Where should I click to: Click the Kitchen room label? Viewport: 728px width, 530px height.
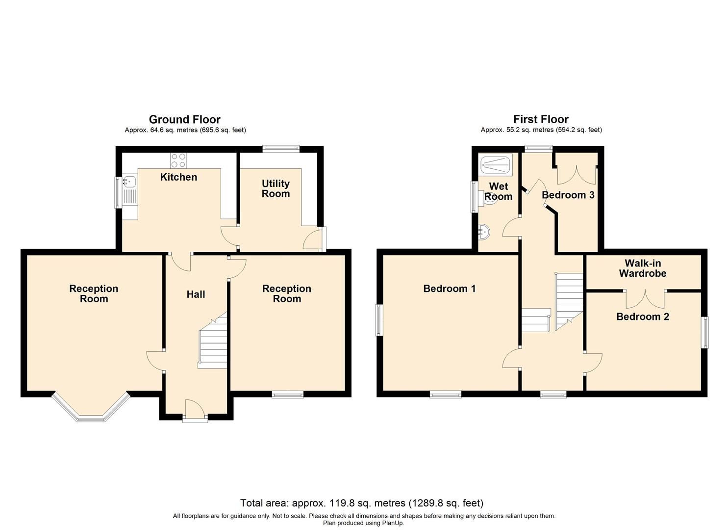coord(178,177)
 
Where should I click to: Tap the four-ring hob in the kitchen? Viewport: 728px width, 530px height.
coord(178,160)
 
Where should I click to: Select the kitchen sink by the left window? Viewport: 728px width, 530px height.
coord(129,183)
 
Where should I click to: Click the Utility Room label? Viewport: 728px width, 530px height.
coord(276,188)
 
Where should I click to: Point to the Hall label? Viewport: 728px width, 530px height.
coord(196,294)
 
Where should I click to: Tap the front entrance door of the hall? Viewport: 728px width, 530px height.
coord(195,410)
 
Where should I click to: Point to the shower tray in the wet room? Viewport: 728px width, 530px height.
coord(496,164)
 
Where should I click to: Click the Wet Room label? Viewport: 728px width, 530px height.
coord(498,191)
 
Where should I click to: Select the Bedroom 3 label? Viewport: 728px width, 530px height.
coord(568,195)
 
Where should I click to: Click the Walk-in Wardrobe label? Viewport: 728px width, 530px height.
coord(642,269)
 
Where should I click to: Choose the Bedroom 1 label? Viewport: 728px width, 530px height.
coord(450,289)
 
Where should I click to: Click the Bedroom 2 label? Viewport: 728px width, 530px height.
coord(642,317)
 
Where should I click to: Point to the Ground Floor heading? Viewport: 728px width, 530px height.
coord(185,119)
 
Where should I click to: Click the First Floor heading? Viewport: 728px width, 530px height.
coord(541,119)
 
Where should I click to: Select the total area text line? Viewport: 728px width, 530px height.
coord(361,503)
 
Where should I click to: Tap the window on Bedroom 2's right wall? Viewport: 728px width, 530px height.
coord(705,333)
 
